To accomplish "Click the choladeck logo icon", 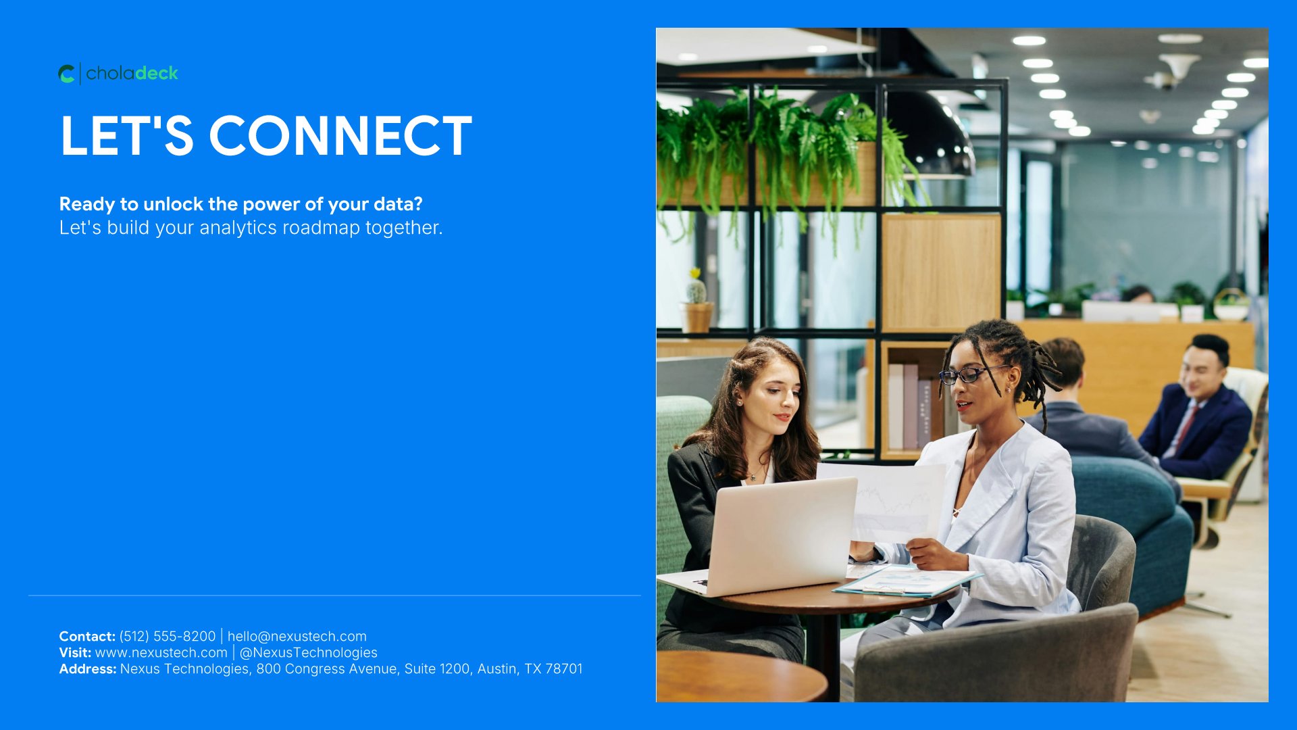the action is tap(66, 74).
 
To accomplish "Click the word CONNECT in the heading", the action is tap(340, 136).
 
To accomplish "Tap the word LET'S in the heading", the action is tap(127, 136).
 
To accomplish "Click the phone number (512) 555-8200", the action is tap(168, 636).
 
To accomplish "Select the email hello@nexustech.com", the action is tap(297, 636).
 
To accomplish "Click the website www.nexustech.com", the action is tap(161, 652).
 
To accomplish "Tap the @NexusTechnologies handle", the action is tap(309, 652).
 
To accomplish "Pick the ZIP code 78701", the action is tap(564, 668).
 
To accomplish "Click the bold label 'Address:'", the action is tap(88, 668).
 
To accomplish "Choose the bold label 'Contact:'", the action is tap(87, 636).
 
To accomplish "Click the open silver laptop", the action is tap(763, 537).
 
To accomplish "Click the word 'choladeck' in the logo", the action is tap(132, 73).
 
